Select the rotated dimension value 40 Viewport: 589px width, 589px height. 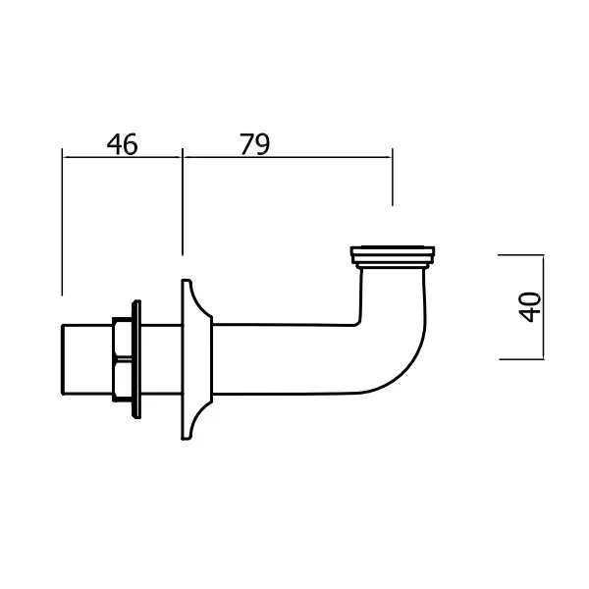pos(531,306)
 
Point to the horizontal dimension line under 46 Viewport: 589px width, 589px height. pos(122,154)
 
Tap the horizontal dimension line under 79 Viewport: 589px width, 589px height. pos(287,154)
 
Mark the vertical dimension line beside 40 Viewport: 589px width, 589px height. pos(543,306)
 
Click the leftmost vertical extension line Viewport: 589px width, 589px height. pos(62,226)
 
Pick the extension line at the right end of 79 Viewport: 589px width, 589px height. pos(392,182)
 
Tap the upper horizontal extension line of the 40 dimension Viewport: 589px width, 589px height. pos(520,253)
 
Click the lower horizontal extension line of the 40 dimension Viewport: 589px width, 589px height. pos(520,359)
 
